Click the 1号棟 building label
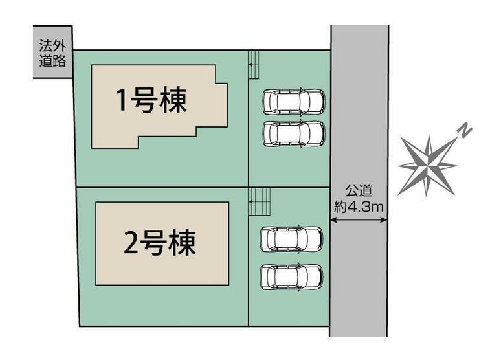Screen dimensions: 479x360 coord(151,100)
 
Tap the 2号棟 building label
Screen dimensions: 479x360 coord(159,243)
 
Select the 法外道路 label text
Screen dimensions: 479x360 coord(52,53)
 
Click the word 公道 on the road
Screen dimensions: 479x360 coord(359,191)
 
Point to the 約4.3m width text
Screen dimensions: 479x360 coord(359,207)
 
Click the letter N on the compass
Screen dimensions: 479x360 coord(465,130)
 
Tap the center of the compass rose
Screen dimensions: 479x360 coord(428,166)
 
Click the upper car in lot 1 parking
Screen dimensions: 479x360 coord(294,102)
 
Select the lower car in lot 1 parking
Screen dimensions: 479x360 coord(294,134)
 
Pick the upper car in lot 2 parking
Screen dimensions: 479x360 coord(291,240)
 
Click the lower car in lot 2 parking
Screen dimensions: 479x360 coord(291,277)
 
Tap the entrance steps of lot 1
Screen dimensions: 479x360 coord(254,65)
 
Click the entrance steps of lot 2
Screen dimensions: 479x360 coord(260,202)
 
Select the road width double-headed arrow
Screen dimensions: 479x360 coord(359,219)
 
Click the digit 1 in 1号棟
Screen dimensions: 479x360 coord(122,100)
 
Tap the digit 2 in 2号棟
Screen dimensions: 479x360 coord(131,243)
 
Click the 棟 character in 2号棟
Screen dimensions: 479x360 coord(183,243)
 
